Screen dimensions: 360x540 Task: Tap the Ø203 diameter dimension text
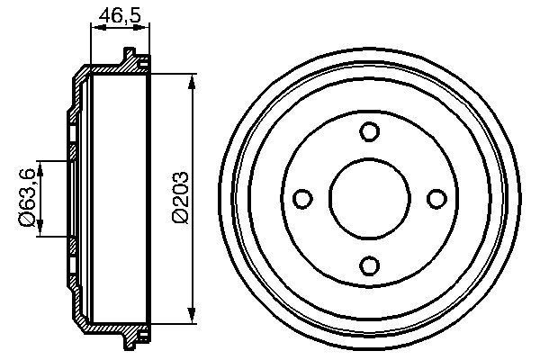coord(178,196)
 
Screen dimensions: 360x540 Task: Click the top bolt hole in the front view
coord(368,131)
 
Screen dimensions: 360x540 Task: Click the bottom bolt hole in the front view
coord(368,265)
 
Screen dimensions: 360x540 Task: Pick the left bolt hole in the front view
coord(302,198)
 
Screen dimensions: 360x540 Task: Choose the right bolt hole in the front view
coord(435,198)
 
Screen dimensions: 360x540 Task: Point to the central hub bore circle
coord(368,198)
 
